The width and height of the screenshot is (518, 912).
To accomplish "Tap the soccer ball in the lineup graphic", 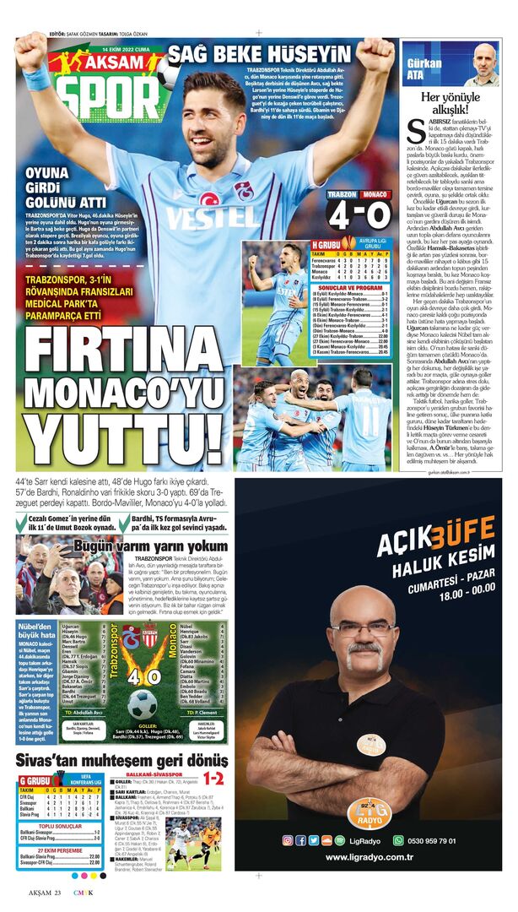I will point(141,702).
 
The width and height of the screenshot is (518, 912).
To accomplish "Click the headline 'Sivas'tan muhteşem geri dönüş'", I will point(122,759).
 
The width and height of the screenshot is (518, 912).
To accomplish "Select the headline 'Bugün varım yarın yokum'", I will point(150,546).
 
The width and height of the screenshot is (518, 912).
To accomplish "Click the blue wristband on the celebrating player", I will point(37,78).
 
